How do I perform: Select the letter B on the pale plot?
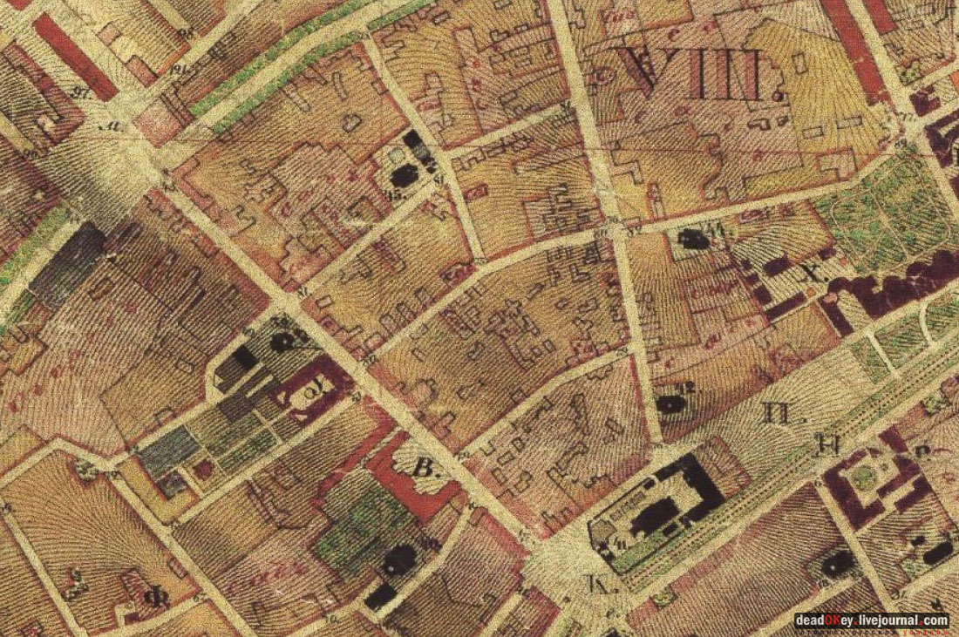click(x=424, y=471)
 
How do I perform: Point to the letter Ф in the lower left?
click(x=159, y=598)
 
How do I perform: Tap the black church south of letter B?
click(x=400, y=559)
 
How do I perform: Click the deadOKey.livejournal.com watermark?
click(x=871, y=620)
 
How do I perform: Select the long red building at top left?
click(x=75, y=56)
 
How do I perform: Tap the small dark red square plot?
click(x=206, y=470)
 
